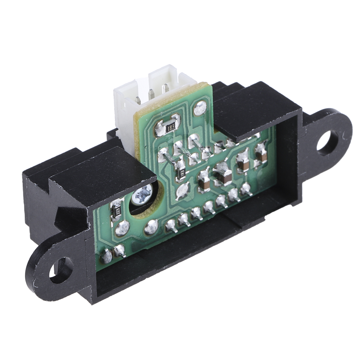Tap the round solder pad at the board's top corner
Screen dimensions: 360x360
click(200, 109)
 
